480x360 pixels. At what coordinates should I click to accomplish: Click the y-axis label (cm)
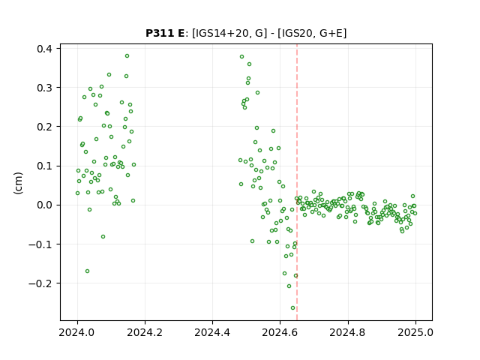(x=18, y=183)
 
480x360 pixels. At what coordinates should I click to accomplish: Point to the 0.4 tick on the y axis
(x=45, y=49)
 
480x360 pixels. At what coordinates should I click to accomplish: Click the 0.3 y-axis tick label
(x=45, y=88)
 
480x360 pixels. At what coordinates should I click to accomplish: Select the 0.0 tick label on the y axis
(x=45, y=205)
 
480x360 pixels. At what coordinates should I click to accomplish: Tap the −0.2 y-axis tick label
(x=40, y=283)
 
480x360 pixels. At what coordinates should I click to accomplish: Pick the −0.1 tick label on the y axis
(x=40, y=244)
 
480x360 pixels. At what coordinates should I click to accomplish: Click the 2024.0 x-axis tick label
(x=77, y=332)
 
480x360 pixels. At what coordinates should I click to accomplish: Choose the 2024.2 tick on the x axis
(x=145, y=332)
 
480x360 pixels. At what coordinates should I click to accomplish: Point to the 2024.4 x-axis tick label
(x=212, y=332)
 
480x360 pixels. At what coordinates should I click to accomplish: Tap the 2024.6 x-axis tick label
(x=280, y=332)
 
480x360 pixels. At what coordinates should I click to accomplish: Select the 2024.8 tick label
(x=348, y=332)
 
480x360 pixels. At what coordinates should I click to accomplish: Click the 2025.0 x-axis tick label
(x=415, y=332)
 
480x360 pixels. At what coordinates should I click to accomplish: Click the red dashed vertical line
(x=297, y=182)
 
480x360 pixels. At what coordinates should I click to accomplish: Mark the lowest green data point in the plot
(x=293, y=308)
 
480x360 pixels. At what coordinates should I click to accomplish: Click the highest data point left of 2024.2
(x=127, y=56)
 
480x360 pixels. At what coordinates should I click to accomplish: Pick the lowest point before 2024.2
(x=87, y=271)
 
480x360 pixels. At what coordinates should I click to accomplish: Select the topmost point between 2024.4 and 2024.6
(x=241, y=57)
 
